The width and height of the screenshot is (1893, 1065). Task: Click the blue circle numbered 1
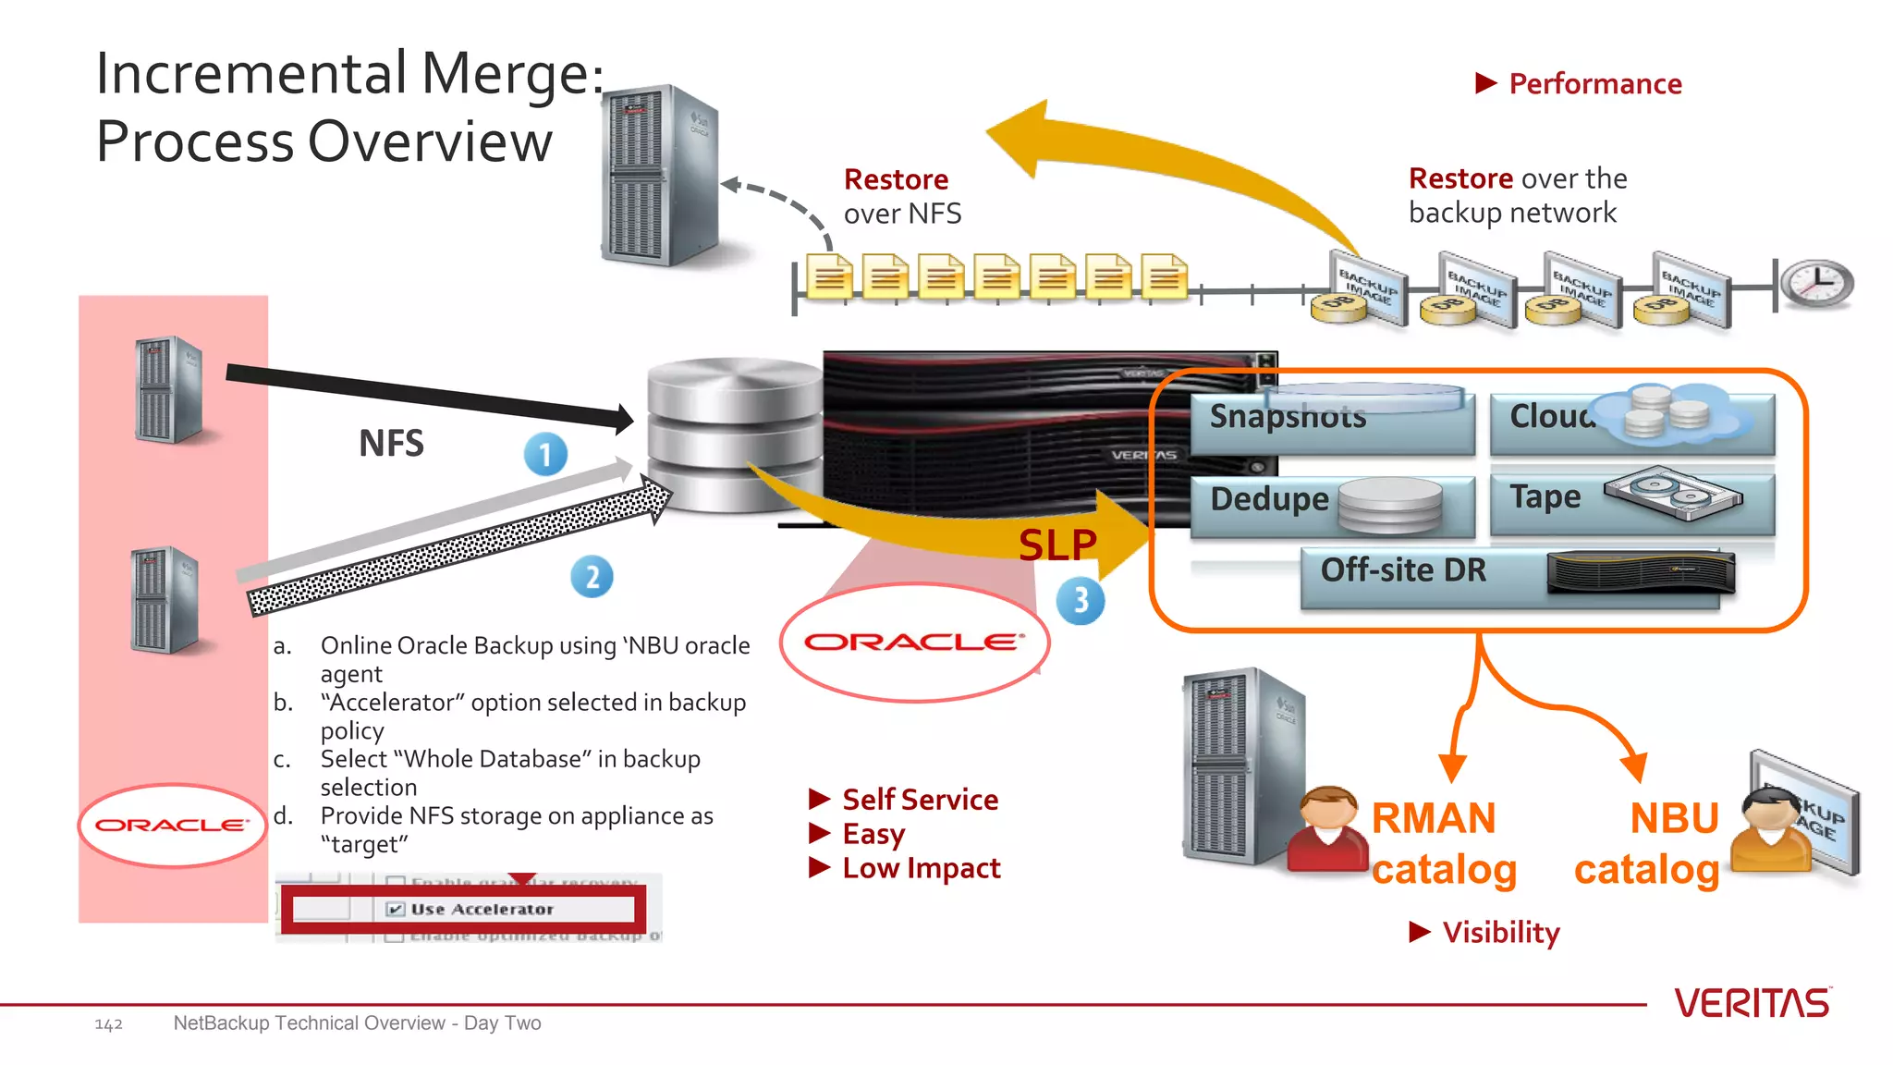pyautogui.click(x=545, y=455)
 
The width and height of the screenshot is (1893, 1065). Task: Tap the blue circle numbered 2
pyautogui.click(x=592, y=577)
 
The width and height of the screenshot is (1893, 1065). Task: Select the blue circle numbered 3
pyautogui.click(x=1081, y=601)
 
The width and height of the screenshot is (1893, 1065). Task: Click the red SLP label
pyautogui.click(x=1057, y=545)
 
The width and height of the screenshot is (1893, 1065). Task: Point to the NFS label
pyautogui.click(x=391, y=444)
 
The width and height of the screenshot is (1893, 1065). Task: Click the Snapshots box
pyautogui.click(x=1331, y=421)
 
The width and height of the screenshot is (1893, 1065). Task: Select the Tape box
pyautogui.click(x=1631, y=502)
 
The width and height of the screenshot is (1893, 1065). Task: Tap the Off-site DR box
pyautogui.click(x=1509, y=576)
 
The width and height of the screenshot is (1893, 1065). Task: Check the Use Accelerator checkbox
pyautogui.click(x=396, y=909)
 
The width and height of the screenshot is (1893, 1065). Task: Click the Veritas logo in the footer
pyautogui.click(x=1752, y=1003)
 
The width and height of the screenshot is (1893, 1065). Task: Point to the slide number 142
pyautogui.click(x=108, y=1024)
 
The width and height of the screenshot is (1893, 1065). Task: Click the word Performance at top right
pyautogui.click(x=1594, y=84)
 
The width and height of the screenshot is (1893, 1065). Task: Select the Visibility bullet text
pyautogui.click(x=1500, y=932)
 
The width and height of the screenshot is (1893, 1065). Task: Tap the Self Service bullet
pyautogui.click(x=920, y=799)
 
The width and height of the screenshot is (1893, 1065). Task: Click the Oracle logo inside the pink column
pyautogui.click(x=172, y=825)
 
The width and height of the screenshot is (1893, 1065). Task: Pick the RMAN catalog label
pyautogui.click(x=1444, y=843)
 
